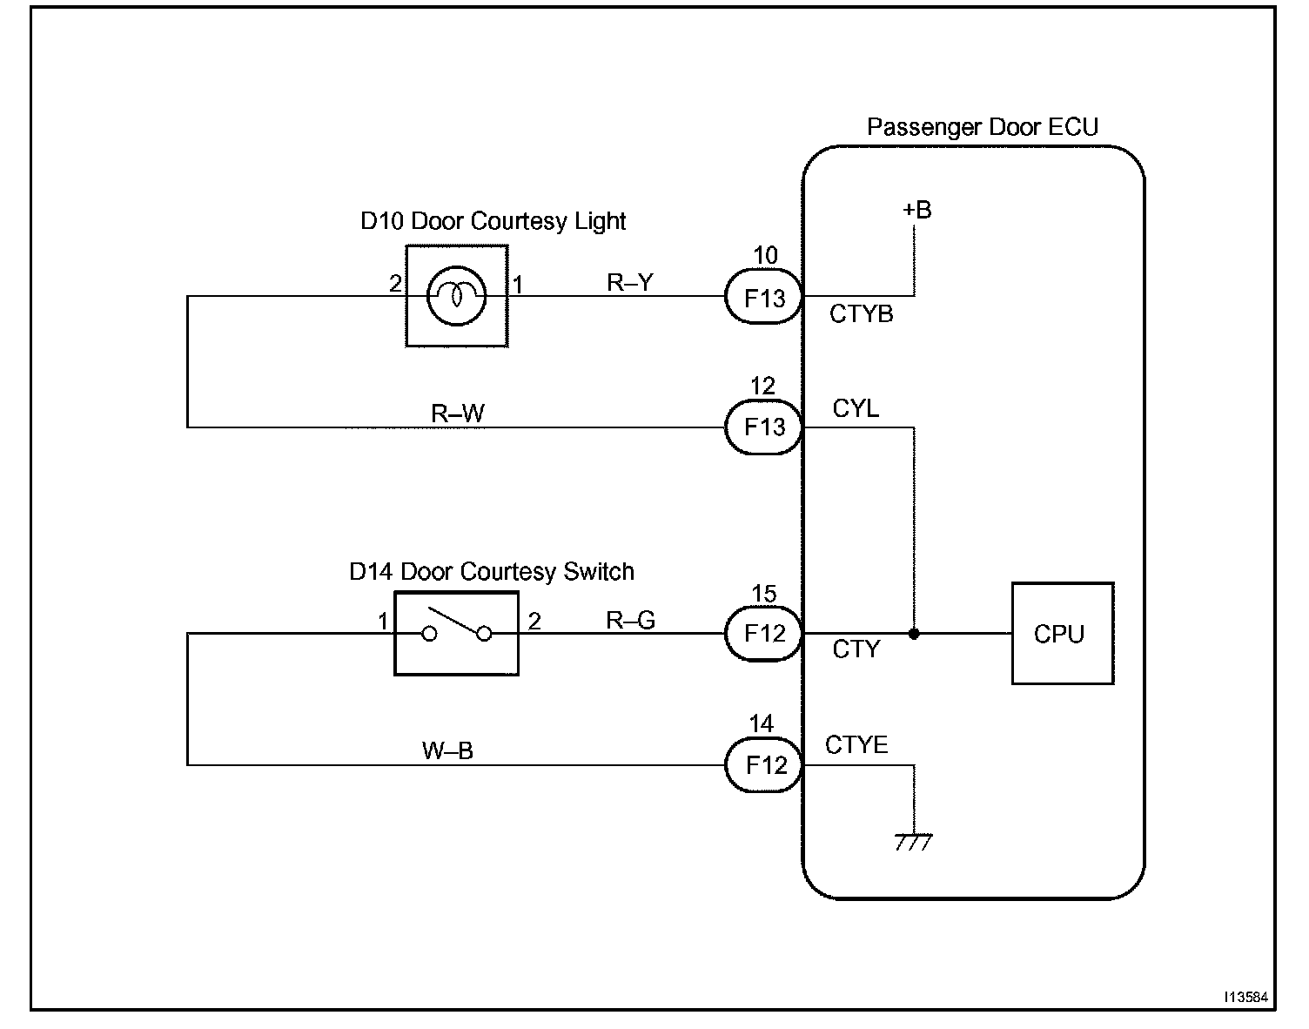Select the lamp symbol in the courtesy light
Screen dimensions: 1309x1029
pyautogui.click(x=456, y=296)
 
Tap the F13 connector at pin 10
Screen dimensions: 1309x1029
pyautogui.click(x=764, y=296)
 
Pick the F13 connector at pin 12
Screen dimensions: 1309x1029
pyautogui.click(x=764, y=427)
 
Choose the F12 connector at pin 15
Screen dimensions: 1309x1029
pyautogui.click(x=764, y=634)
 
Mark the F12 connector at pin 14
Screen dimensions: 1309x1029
pyautogui.click(x=764, y=764)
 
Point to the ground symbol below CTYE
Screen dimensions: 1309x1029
pyautogui.click(x=913, y=842)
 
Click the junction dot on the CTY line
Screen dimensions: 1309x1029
pyautogui.click(x=914, y=634)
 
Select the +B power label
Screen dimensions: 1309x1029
pyautogui.click(x=916, y=210)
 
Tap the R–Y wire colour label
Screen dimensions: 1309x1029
pyautogui.click(x=629, y=282)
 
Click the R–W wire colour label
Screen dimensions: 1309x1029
pyautogui.click(x=457, y=414)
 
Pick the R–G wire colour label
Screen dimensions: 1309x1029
pyautogui.click(x=630, y=620)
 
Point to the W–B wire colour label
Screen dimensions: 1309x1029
pyautogui.click(x=447, y=750)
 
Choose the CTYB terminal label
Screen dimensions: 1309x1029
pyautogui.click(x=861, y=314)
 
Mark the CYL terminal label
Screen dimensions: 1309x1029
pyautogui.click(x=856, y=408)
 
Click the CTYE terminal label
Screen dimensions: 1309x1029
pyautogui.click(x=856, y=745)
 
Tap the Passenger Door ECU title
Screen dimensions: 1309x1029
pyautogui.click(x=983, y=127)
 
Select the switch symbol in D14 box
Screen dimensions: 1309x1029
pyautogui.click(x=456, y=627)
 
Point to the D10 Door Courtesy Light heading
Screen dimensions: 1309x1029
pyautogui.click(x=493, y=221)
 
